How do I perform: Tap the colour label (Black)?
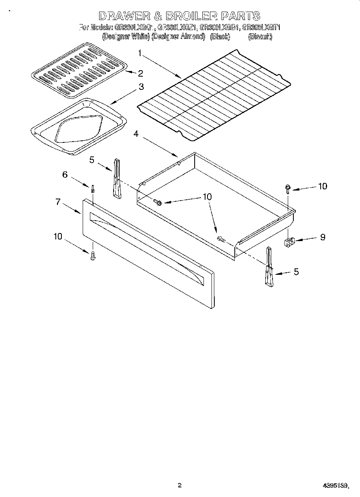pos(220,37)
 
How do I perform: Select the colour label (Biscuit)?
pos(260,37)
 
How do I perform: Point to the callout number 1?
pos(140,52)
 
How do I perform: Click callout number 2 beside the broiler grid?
pos(140,73)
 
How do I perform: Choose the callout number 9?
pos(322,237)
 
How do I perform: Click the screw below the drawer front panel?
pos(93,255)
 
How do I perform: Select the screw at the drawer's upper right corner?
pos(288,188)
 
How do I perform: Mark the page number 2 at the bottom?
pos(179,485)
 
